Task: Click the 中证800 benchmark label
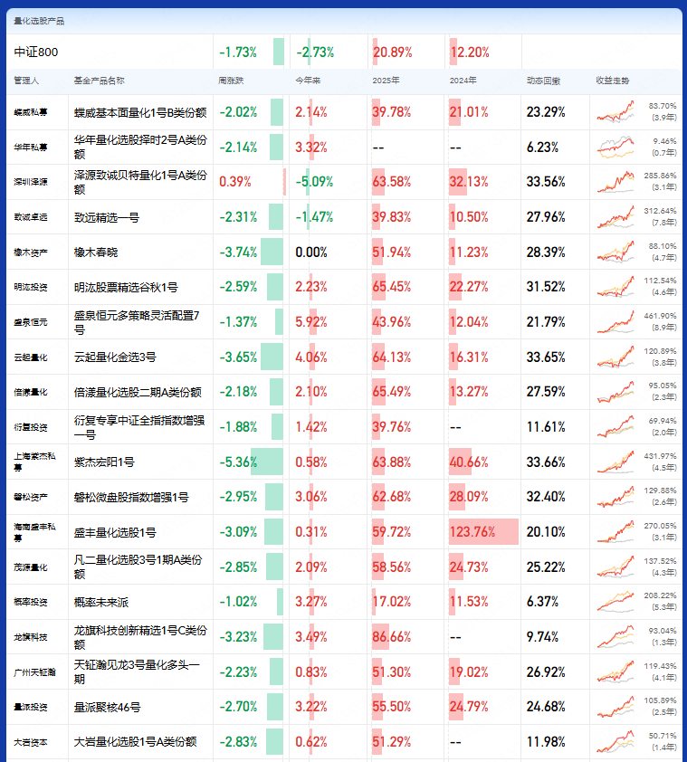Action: [x=36, y=52]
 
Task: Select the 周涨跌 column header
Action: [x=232, y=81]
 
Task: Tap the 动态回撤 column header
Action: [x=543, y=81]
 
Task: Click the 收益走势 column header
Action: [x=611, y=81]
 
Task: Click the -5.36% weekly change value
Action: [x=238, y=462]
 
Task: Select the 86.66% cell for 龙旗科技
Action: [x=391, y=636]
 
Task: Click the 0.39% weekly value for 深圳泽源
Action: [x=235, y=182]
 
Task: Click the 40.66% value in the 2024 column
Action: [x=469, y=462]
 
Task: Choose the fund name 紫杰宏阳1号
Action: [x=104, y=462]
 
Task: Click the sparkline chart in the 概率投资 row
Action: [x=615, y=602]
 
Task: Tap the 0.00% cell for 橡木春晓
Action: [x=311, y=252]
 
